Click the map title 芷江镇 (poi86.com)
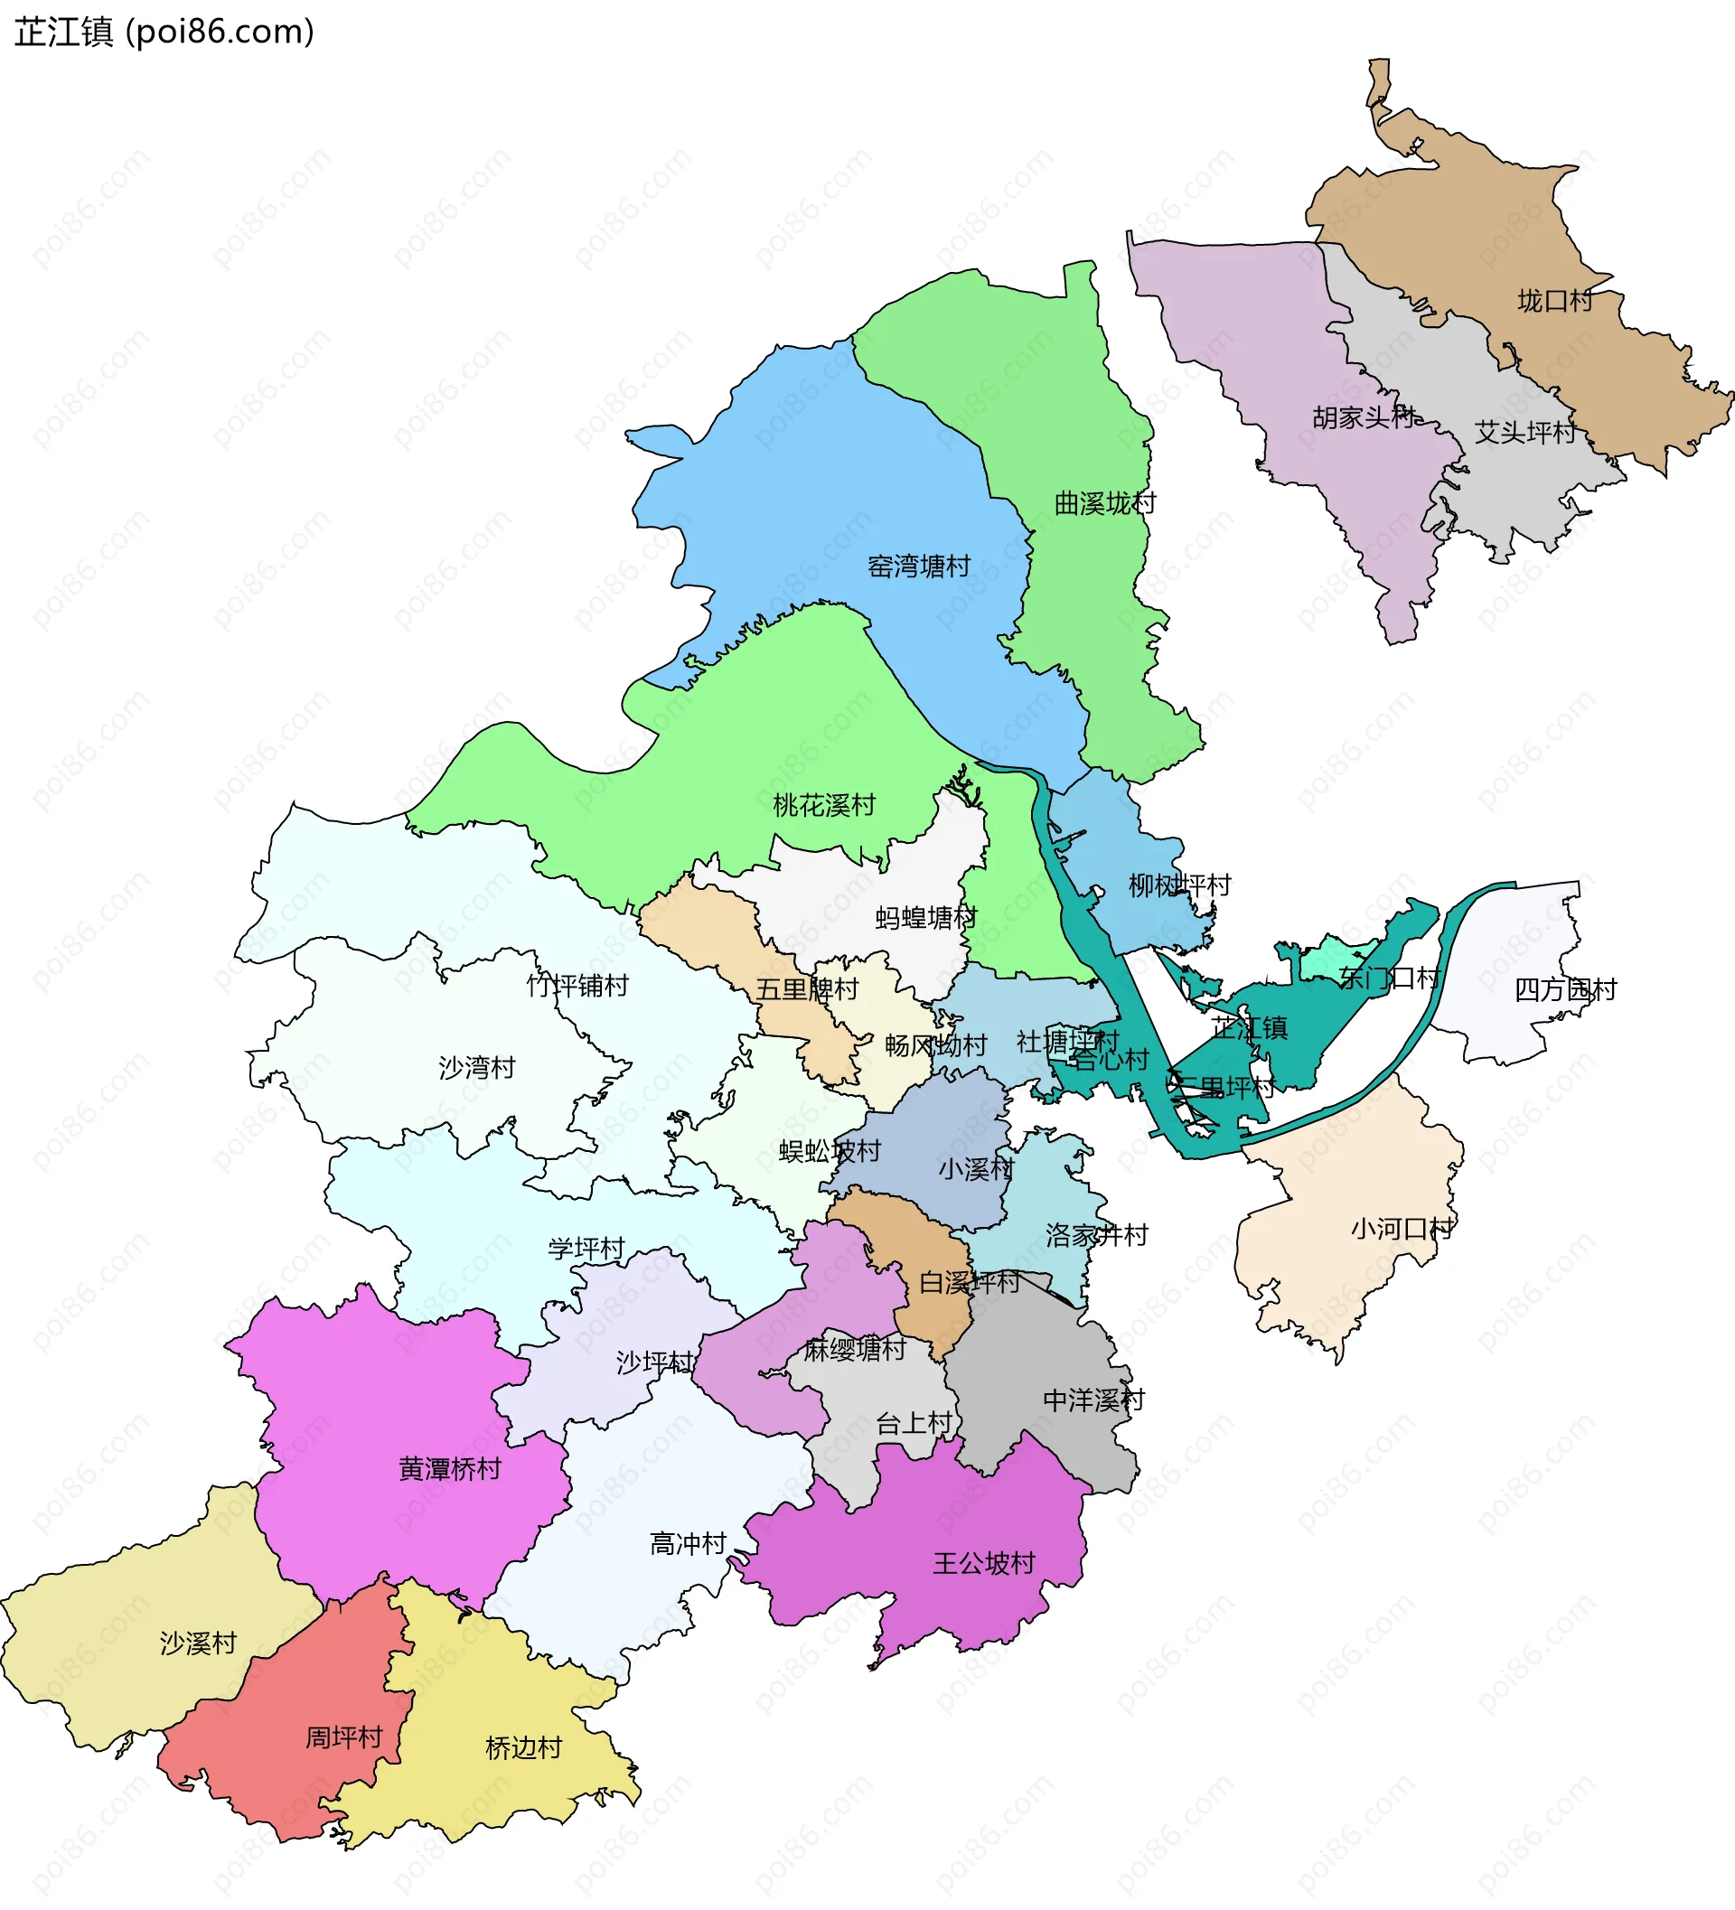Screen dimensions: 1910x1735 pyautogui.click(x=163, y=33)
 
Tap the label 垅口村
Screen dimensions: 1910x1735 pyautogui.click(x=1555, y=301)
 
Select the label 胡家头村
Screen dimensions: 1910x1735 pyautogui.click(x=1363, y=417)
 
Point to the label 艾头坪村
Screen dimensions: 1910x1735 pyautogui.click(x=1524, y=433)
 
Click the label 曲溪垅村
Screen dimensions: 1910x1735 pyautogui.click(x=1105, y=504)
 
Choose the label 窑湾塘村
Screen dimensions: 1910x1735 pyautogui.click(x=919, y=566)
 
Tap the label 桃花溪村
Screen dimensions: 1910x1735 pyautogui.click(x=823, y=806)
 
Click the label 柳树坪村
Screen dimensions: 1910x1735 pyautogui.click(x=1178, y=885)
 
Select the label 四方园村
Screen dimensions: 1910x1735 pyautogui.click(x=1565, y=990)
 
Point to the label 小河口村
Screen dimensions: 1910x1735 pyautogui.click(x=1402, y=1230)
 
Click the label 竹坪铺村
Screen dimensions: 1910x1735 pyautogui.click(x=577, y=987)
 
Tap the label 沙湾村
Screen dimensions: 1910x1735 pyautogui.click(x=476, y=1069)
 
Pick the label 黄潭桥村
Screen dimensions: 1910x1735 pyautogui.click(x=449, y=1469)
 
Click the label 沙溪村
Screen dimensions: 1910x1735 pyautogui.click(x=197, y=1643)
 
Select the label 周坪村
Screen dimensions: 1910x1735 pyautogui.click(x=343, y=1737)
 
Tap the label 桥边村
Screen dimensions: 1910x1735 pyautogui.click(x=523, y=1748)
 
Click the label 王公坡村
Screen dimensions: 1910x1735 pyautogui.click(x=983, y=1563)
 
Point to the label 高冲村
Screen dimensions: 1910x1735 pyautogui.click(x=688, y=1544)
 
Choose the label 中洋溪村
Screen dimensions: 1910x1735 pyautogui.click(x=1093, y=1400)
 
